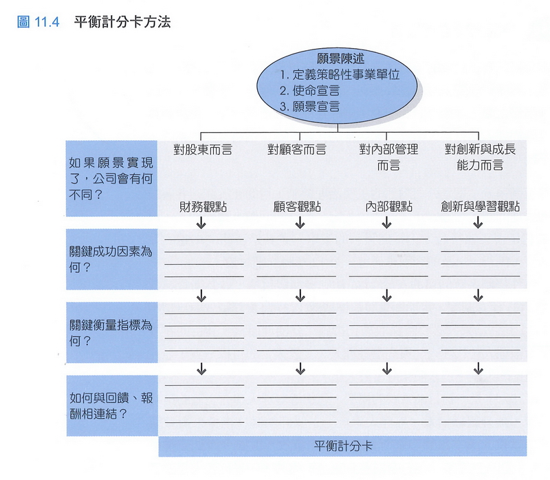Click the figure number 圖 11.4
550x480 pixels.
(x=38, y=22)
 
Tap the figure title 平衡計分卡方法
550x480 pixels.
(x=122, y=22)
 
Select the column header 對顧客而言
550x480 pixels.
(x=297, y=149)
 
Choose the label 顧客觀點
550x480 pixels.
(x=297, y=206)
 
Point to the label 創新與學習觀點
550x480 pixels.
(x=480, y=206)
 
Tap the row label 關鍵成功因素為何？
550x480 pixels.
(x=110, y=259)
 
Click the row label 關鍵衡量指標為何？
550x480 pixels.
(x=110, y=331)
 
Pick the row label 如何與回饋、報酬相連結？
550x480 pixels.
(x=110, y=405)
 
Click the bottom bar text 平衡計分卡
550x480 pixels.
(x=342, y=446)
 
